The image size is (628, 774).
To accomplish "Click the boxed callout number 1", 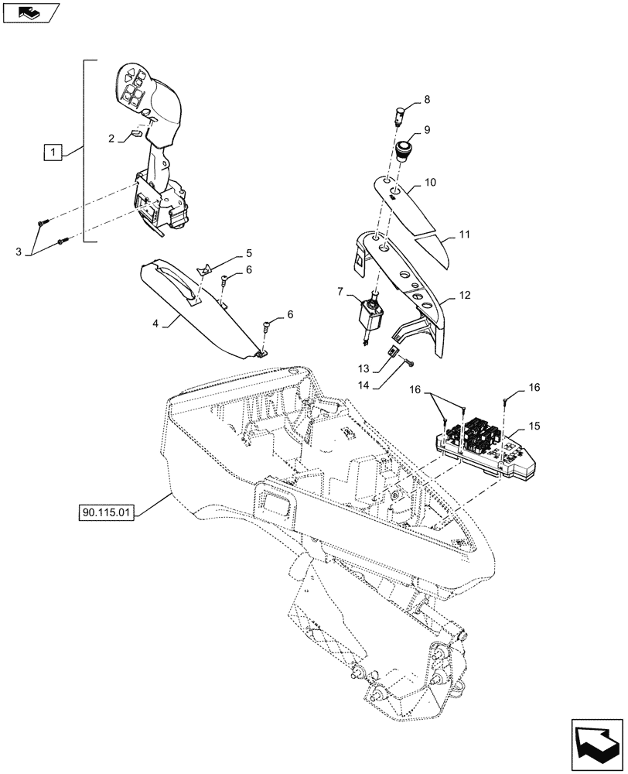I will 52,153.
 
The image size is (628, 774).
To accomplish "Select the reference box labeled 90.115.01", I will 107,512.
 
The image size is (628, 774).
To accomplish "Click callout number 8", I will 427,101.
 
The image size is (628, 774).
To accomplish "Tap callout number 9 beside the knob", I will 427,130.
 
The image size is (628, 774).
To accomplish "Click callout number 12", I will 465,295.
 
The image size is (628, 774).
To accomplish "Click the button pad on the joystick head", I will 132,85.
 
